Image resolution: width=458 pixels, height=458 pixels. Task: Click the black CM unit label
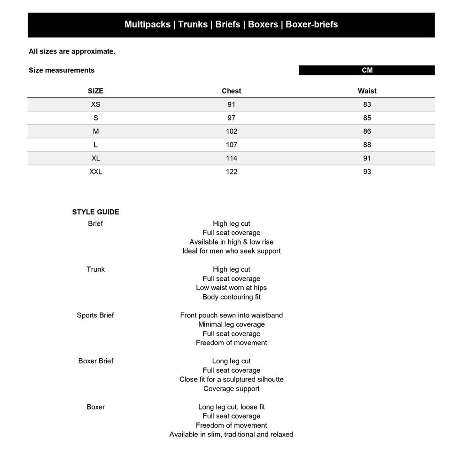point(367,70)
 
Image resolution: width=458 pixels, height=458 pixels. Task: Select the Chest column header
point(231,91)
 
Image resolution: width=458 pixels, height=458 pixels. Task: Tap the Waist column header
point(367,91)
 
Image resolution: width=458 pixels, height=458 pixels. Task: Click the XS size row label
point(95,104)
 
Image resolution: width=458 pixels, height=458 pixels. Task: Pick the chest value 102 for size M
point(231,131)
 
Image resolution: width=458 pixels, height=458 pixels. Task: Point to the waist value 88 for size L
point(367,145)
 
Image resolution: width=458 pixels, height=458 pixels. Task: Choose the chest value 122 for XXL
point(231,172)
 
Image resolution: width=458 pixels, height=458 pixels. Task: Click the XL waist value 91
point(367,158)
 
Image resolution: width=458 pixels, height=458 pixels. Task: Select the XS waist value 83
point(367,104)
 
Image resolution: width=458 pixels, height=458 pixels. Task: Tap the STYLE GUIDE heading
point(95,212)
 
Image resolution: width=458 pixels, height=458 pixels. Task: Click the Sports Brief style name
point(95,315)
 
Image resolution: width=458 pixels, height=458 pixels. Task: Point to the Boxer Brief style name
point(95,361)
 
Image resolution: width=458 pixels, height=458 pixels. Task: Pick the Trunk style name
point(95,269)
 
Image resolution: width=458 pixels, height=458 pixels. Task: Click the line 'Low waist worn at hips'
point(231,288)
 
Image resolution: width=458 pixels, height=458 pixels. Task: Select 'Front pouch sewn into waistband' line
point(231,315)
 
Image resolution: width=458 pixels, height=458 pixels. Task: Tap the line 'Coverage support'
point(231,388)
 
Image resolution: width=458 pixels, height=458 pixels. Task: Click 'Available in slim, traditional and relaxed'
point(231,434)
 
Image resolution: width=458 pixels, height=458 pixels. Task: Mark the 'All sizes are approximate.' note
point(72,51)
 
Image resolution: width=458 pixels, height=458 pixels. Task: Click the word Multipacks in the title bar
point(147,24)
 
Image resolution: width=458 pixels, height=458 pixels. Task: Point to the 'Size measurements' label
point(61,70)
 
